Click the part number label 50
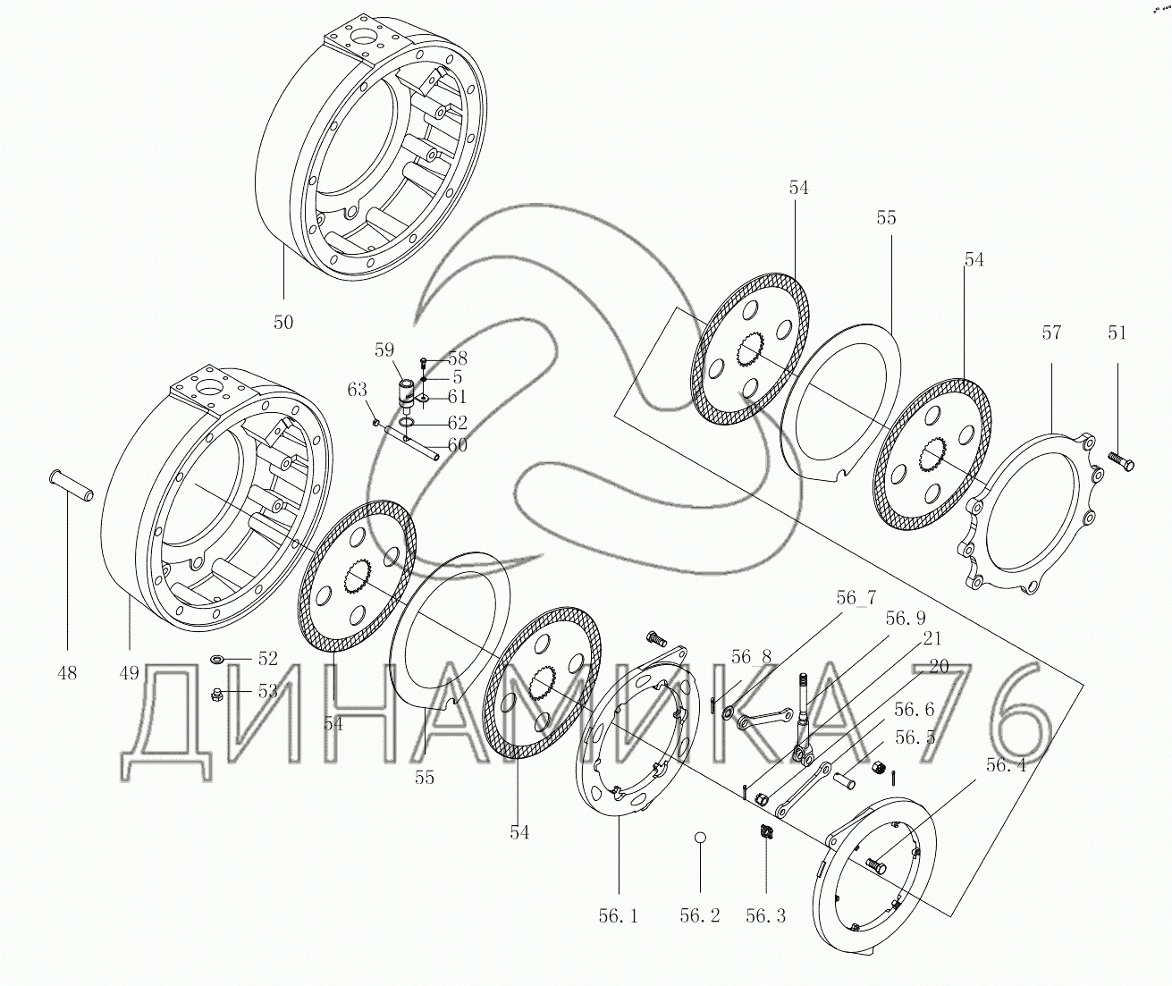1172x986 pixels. click(283, 322)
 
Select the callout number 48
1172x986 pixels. click(67, 672)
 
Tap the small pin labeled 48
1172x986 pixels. click(71, 488)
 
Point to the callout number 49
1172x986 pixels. click(129, 672)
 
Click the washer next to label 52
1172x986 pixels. click(218, 660)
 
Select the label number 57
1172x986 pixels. click(1051, 333)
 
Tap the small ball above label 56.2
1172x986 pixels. click(701, 837)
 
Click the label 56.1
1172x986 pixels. click(619, 916)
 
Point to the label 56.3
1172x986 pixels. click(766, 916)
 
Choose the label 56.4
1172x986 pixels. click(1007, 765)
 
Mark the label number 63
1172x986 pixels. click(358, 390)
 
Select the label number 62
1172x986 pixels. click(457, 421)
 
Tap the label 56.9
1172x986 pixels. click(906, 618)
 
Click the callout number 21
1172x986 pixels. click(932, 639)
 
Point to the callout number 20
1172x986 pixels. click(938, 666)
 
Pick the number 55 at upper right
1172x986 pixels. click(886, 218)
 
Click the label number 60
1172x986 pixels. click(457, 444)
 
